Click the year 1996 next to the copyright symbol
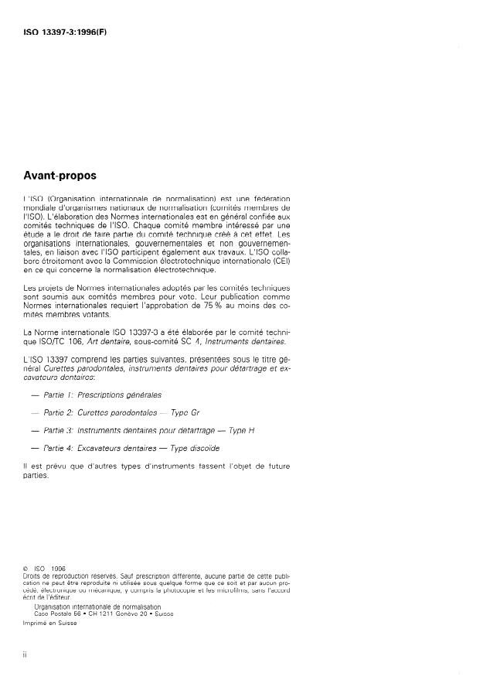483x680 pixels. (x=56, y=570)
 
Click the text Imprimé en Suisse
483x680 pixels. (x=50, y=624)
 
